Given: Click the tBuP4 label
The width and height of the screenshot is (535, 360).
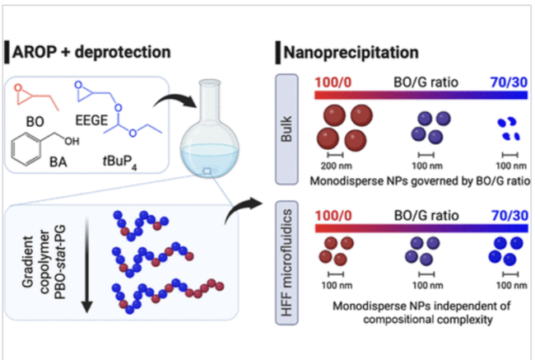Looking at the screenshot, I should point(132,163).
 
